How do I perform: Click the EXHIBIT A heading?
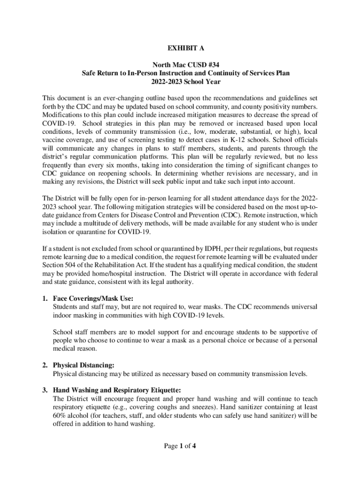180,48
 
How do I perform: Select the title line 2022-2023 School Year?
180,81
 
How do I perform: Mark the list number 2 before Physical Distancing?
44,365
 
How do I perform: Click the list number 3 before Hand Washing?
44,390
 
